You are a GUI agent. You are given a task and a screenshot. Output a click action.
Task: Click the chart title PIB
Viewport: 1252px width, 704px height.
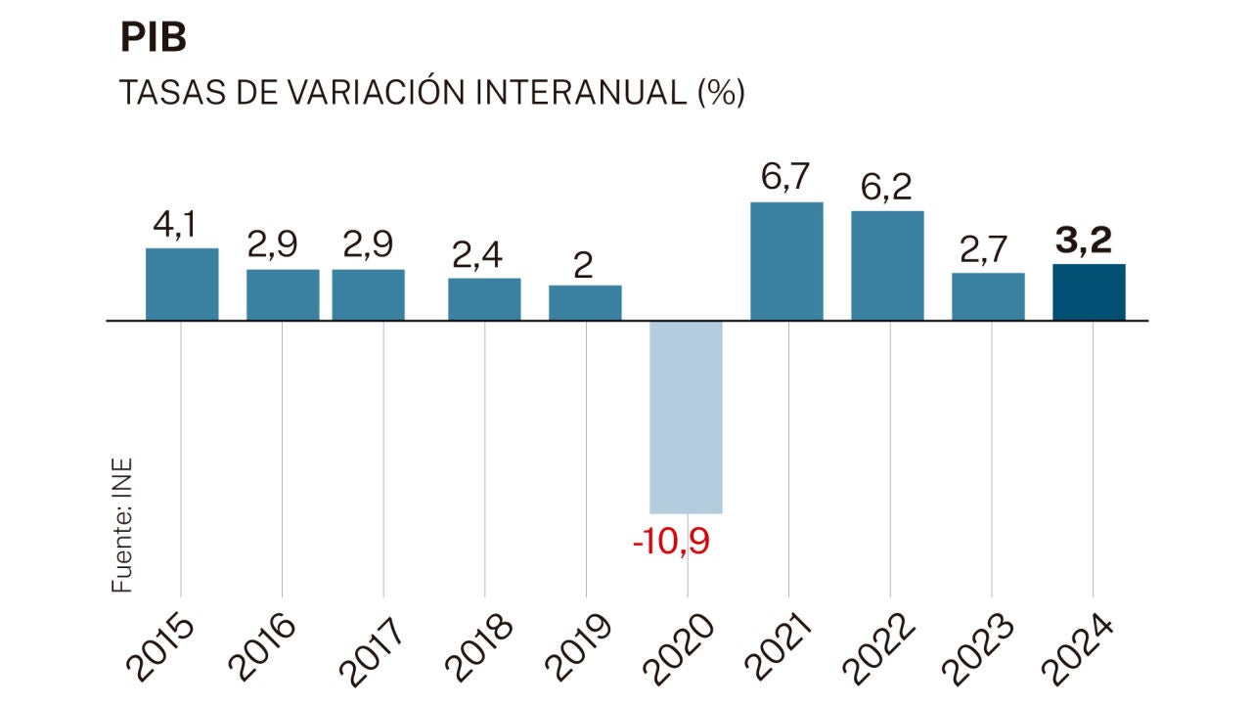(154, 39)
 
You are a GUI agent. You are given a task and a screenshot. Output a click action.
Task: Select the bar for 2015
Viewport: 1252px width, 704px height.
(182, 284)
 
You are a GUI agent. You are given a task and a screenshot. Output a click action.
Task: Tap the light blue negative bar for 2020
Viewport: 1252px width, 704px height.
(687, 417)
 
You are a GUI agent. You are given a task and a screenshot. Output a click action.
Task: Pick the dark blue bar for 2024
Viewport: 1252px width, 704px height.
(1090, 291)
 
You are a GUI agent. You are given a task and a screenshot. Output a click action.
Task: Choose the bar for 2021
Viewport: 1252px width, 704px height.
(786, 261)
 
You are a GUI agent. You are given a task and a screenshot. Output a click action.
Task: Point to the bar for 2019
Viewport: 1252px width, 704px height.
(585, 302)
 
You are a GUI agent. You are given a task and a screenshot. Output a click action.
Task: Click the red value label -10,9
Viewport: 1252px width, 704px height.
(671, 541)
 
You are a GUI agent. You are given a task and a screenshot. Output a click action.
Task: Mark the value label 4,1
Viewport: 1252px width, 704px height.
(175, 226)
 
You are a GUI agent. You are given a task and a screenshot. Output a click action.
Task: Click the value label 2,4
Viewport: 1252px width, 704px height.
(478, 256)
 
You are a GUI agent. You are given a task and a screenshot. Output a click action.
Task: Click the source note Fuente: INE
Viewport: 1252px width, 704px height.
(122, 524)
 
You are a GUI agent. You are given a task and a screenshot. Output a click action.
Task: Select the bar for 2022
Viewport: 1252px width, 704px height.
(887, 265)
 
